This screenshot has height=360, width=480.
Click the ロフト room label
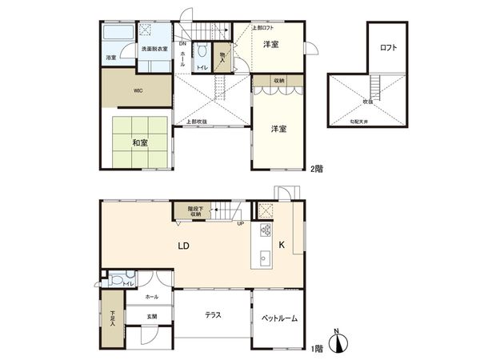point(388,47)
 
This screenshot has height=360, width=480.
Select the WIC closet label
point(138,90)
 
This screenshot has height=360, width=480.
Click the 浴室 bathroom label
point(110,58)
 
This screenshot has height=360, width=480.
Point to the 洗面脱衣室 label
point(152,50)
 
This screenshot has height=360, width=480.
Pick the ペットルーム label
point(279,318)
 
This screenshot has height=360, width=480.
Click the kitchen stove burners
point(266,233)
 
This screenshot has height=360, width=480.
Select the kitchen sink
point(266,258)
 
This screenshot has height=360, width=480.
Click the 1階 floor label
point(318,349)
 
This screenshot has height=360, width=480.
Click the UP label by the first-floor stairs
point(240,223)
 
